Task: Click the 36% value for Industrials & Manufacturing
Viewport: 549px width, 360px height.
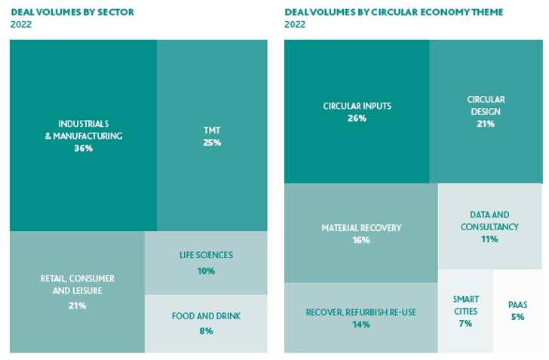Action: (83, 149)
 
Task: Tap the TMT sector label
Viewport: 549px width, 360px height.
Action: (212, 130)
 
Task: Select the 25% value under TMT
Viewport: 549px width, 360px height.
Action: (212, 142)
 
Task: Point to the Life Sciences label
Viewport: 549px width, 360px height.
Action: (206, 255)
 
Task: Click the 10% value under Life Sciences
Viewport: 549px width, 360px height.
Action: (206, 270)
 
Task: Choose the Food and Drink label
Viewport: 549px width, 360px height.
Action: (206, 316)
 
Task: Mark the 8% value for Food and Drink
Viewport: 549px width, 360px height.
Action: (206, 330)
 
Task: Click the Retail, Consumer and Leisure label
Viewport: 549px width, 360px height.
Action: (77, 285)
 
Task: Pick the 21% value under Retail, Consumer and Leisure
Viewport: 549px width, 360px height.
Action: (77, 306)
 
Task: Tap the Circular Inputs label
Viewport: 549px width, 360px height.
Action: (357, 106)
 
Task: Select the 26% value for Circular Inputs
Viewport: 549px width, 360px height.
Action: (357, 118)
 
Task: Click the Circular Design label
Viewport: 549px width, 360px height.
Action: (486, 105)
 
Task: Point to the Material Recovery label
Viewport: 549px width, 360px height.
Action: (361, 228)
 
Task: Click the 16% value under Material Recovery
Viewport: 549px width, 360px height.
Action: (361, 240)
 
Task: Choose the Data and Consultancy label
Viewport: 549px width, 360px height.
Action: (489, 220)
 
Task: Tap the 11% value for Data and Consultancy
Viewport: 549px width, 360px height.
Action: (489, 238)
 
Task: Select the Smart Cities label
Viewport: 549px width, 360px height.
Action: (465, 305)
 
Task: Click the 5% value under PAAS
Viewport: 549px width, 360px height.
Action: (517, 317)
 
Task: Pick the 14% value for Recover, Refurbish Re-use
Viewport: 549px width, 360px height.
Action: (360, 325)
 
